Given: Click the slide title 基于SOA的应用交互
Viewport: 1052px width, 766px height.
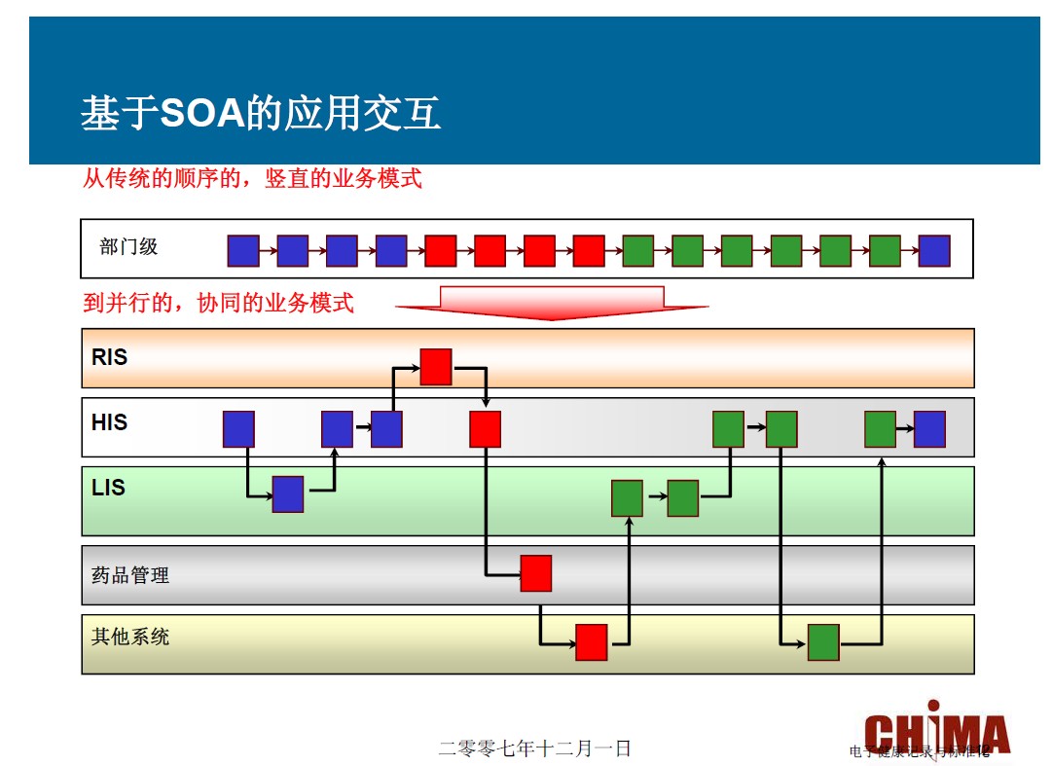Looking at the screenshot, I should click(261, 114).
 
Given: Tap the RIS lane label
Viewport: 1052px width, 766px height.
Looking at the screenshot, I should click(110, 357).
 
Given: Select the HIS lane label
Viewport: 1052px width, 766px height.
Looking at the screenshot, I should click(110, 422).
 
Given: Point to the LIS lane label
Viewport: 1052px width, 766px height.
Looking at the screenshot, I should click(108, 487).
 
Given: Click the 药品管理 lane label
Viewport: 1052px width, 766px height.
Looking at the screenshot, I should click(130, 575).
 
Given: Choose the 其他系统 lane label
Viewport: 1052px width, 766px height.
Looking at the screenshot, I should click(130, 637).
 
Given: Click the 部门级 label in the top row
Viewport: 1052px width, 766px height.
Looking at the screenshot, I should click(128, 247).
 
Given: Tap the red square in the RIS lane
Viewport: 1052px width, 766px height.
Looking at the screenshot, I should click(436, 366).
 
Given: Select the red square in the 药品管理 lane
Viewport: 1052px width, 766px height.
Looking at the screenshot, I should click(536, 573).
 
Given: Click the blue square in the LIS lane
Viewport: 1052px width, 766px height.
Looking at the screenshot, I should click(288, 494).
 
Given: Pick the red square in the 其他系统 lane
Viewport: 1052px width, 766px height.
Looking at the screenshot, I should click(592, 642).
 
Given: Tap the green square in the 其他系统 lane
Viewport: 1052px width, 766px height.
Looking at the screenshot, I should click(823, 642).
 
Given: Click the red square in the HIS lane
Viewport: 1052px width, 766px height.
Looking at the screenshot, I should click(486, 429).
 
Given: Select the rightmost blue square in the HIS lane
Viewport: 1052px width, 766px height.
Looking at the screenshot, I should click(929, 429).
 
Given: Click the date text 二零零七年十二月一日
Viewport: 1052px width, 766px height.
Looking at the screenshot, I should click(535, 748).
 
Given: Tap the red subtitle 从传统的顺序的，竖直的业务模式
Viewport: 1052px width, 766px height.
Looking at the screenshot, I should click(252, 179).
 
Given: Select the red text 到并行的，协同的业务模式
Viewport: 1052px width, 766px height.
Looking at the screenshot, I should click(219, 303).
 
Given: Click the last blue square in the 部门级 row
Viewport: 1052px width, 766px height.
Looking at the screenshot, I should click(934, 251).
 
